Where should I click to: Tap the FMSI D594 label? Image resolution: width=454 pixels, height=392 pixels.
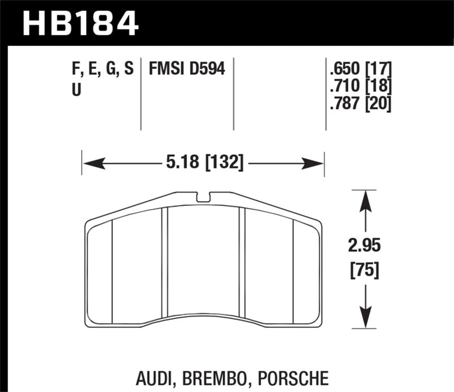[187, 69]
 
